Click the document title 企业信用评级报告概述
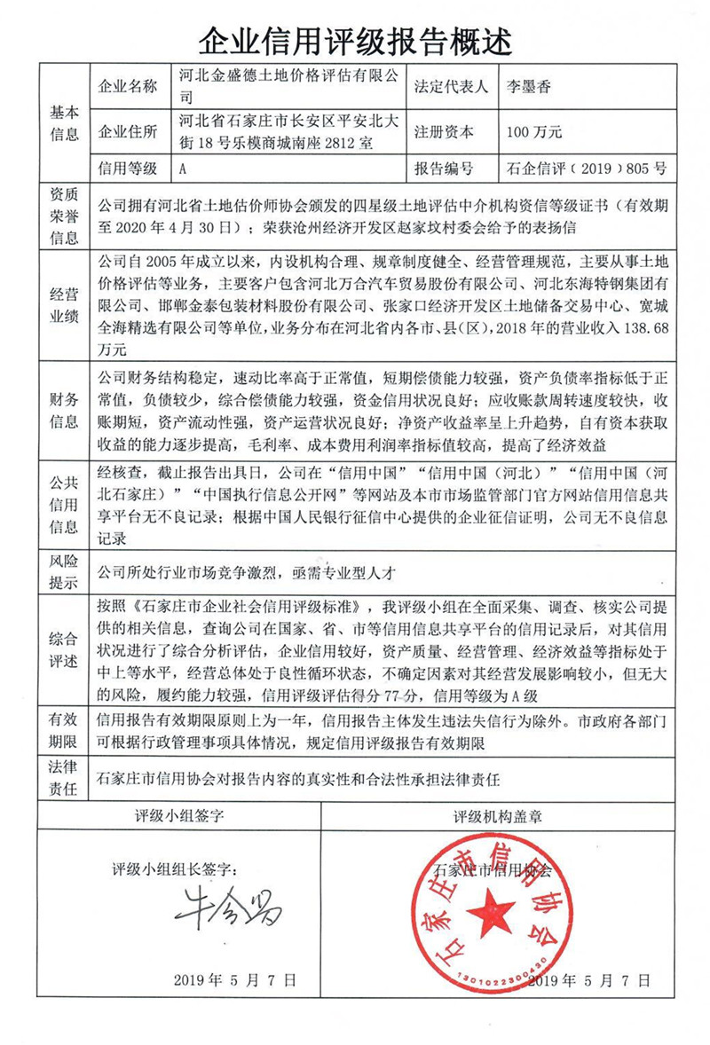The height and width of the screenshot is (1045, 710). [354, 37]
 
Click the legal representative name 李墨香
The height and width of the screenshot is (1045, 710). [526, 87]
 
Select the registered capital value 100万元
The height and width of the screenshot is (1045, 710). [533, 133]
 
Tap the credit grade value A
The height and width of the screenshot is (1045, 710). [182, 168]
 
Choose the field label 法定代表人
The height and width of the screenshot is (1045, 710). [451, 87]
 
